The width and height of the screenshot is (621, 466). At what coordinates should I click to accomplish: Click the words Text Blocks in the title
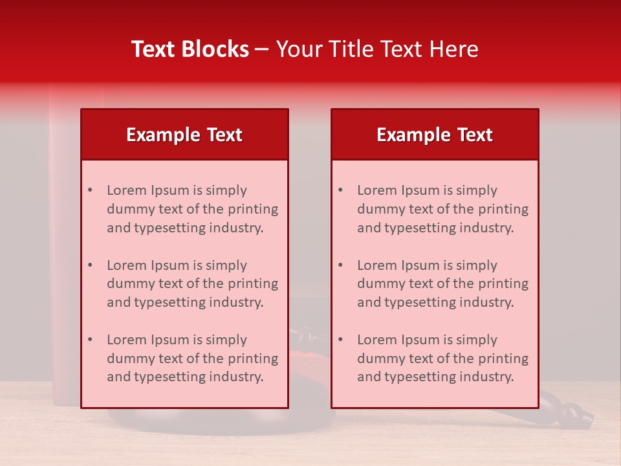click(x=190, y=49)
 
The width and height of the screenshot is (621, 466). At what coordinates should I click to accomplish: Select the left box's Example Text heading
click(x=184, y=135)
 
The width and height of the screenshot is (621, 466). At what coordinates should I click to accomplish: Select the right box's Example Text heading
click(x=435, y=135)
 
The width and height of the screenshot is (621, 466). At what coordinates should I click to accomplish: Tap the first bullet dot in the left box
click(x=90, y=190)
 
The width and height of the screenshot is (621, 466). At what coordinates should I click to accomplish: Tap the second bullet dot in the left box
click(x=90, y=265)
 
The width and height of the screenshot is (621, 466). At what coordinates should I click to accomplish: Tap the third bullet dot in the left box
click(x=90, y=340)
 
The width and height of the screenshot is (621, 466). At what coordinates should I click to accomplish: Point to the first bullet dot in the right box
click(x=340, y=190)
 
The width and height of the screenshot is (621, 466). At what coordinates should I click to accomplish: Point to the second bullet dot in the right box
click(x=340, y=265)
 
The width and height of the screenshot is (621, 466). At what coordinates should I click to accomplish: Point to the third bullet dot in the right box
click(x=340, y=340)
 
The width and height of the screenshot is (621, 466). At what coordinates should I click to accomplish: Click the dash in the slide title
click(x=262, y=49)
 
